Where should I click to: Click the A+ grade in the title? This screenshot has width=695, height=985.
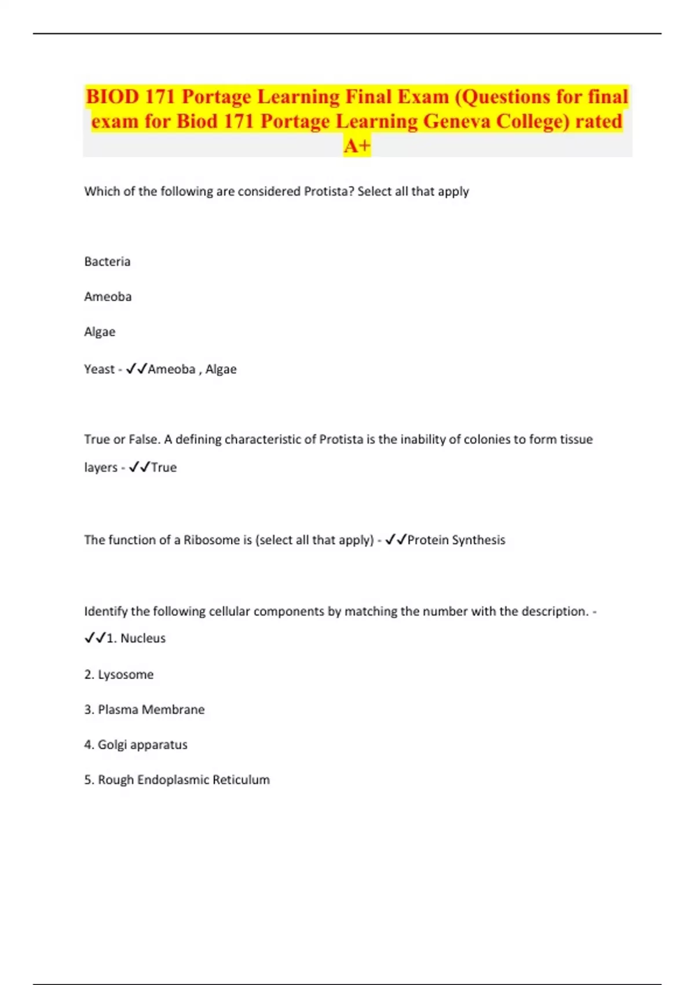pyautogui.click(x=357, y=145)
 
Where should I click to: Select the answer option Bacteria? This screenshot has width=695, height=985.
pyautogui.click(x=107, y=261)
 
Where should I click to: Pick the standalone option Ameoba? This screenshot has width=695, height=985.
pyautogui.click(x=108, y=297)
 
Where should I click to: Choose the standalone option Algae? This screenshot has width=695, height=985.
pyautogui.click(x=100, y=332)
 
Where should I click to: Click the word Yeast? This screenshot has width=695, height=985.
pyautogui.click(x=99, y=369)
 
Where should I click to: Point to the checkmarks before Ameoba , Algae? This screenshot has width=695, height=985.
pyautogui.click(x=137, y=369)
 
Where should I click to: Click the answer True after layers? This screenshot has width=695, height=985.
pyautogui.click(x=164, y=467)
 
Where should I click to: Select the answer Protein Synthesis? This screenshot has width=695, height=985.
pyautogui.click(x=456, y=540)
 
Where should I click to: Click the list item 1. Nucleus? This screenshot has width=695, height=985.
pyautogui.click(x=136, y=638)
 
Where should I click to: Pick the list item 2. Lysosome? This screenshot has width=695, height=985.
pyautogui.click(x=119, y=674)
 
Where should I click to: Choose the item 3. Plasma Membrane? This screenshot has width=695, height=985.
pyautogui.click(x=144, y=710)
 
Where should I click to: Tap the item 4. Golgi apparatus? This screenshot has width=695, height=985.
pyautogui.click(x=136, y=745)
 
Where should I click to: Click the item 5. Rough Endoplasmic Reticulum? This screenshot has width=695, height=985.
pyautogui.click(x=177, y=780)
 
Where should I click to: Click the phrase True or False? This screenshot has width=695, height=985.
pyautogui.click(x=122, y=439)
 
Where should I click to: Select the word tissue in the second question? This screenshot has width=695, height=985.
pyautogui.click(x=576, y=439)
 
